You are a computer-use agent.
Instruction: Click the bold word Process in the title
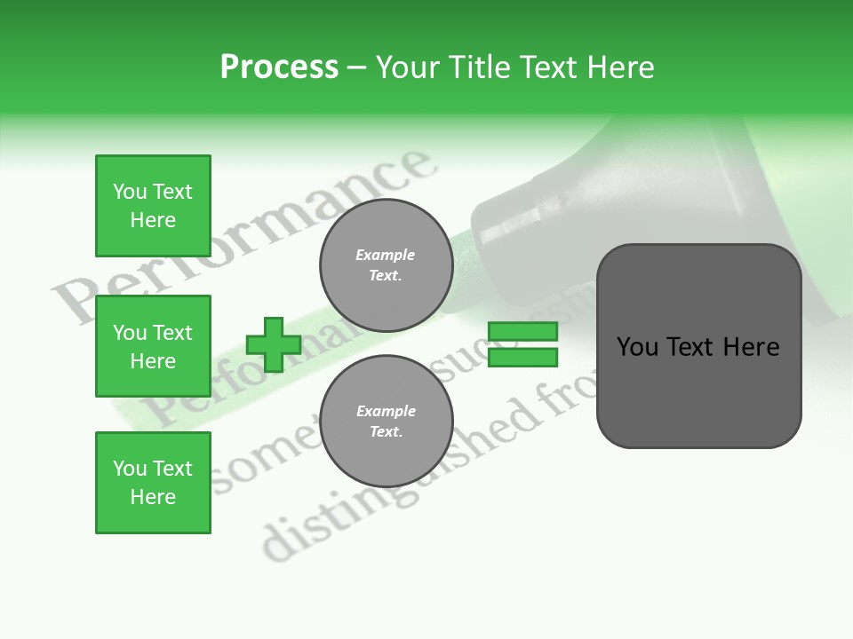[279, 67]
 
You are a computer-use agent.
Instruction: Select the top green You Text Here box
[153, 206]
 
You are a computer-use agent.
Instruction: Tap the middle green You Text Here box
[153, 346]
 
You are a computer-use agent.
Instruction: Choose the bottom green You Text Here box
[153, 483]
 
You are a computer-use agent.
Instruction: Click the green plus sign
[274, 344]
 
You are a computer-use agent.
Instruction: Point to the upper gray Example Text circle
[386, 264]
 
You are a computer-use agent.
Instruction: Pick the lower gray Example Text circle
[386, 421]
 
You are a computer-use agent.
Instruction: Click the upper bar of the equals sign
[522, 332]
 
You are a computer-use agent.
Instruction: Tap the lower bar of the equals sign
[522, 358]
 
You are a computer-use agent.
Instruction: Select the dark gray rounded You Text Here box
[698, 346]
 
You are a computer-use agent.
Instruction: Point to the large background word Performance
[240, 240]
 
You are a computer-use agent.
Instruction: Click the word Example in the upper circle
[386, 255]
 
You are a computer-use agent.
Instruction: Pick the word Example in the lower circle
[386, 411]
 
